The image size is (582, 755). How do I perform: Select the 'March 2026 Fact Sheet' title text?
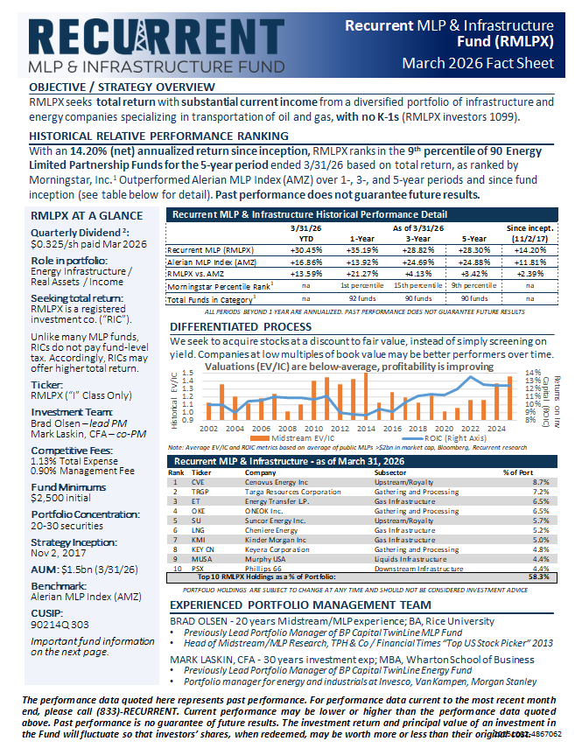pyautogui.click(x=478, y=63)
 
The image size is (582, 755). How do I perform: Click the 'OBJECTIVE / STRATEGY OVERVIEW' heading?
pyautogui.click(x=122, y=87)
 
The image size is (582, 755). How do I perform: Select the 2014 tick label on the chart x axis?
pyautogui.click(x=366, y=429)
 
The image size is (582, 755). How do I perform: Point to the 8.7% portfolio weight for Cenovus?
pyautogui.click(x=540, y=481)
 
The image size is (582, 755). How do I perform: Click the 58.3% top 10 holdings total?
pyautogui.click(x=539, y=577)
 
